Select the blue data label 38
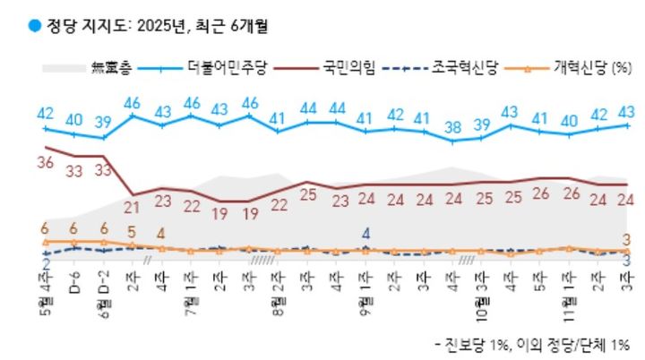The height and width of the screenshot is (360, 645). pyautogui.click(x=455, y=126)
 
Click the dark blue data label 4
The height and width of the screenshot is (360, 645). pyautogui.click(x=365, y=234)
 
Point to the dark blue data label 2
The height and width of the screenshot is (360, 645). pyautogui.click(x=45, y=264)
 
